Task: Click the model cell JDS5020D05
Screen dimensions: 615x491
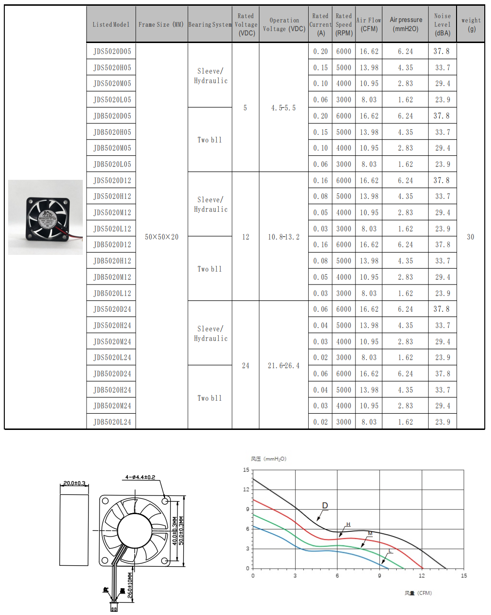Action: point(112,52)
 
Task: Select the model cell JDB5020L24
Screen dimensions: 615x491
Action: point(112,422)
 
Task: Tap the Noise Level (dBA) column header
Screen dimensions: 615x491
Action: point(442,24)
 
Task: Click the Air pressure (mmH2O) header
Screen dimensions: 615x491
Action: point(406,24)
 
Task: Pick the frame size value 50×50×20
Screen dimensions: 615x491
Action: point(162,237)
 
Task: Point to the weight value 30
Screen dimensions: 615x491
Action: point(470,237)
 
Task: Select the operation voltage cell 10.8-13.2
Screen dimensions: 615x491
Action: point(284,237)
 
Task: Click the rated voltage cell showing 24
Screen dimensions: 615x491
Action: point(245,366)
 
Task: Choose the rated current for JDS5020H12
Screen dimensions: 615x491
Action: point(321,197)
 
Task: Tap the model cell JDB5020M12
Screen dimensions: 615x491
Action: point(112,277)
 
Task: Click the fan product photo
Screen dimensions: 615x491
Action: point(45,217)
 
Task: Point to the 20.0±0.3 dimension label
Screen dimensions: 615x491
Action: point(74,483)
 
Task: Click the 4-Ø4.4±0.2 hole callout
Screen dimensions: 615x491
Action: point(140,477)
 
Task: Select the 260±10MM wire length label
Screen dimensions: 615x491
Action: point(130,585)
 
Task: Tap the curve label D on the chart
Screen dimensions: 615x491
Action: point(325,505)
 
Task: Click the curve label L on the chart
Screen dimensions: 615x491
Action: point(390,551)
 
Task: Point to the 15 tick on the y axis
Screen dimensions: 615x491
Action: point(246,470)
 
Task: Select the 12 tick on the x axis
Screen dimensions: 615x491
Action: point(422,576)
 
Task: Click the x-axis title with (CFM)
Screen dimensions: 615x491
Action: point(418,593)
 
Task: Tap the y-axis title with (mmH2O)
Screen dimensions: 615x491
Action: point(268,459)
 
